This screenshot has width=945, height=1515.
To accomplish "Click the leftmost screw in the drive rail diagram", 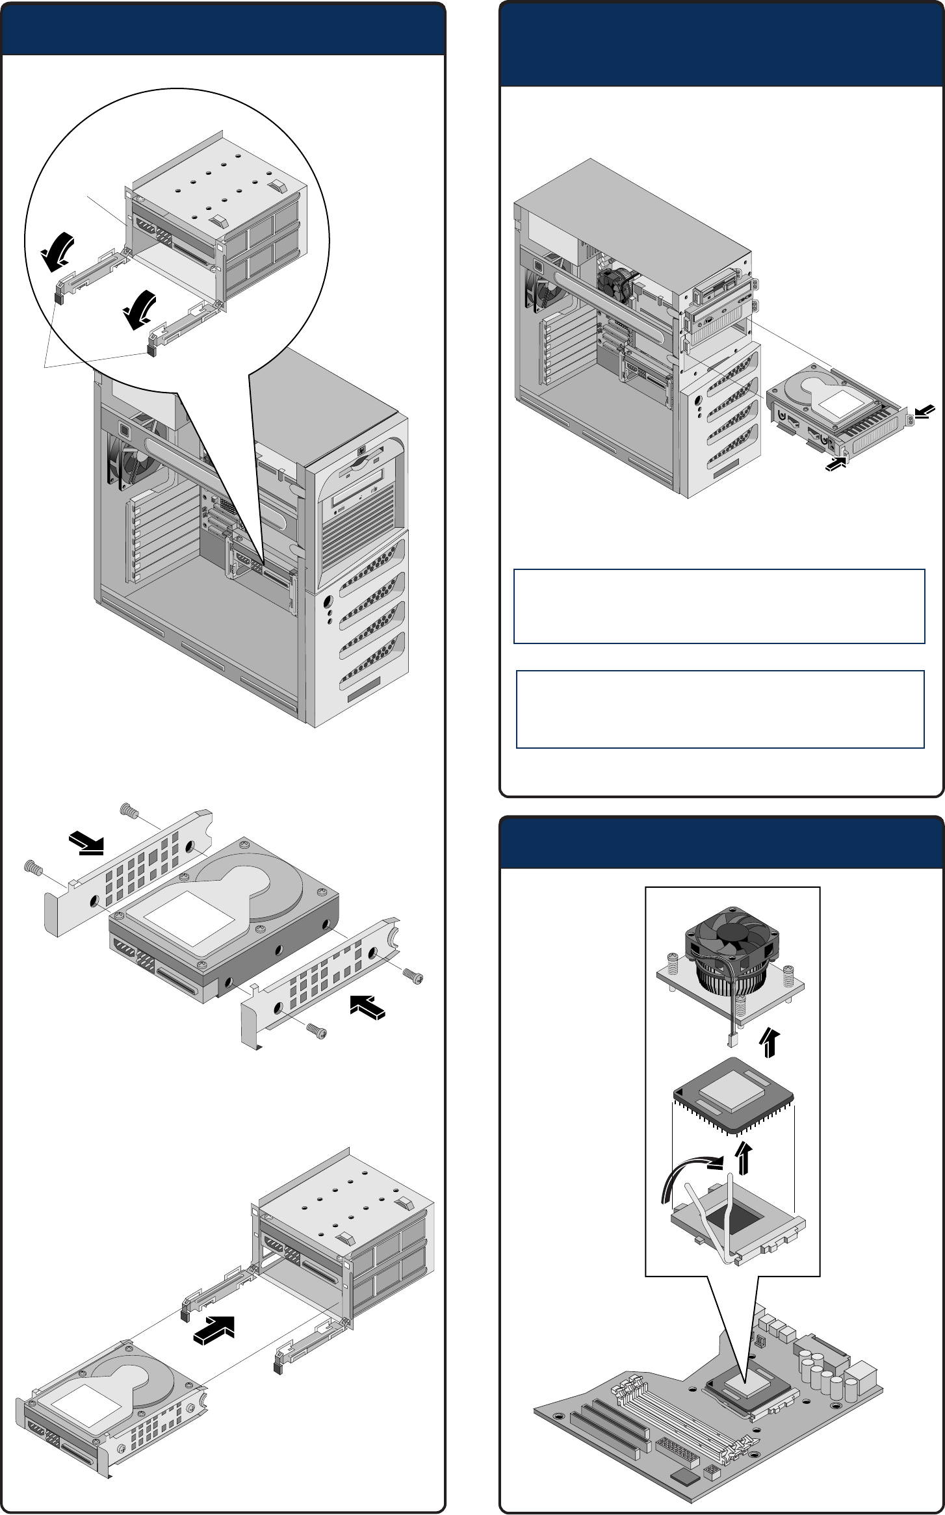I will click(x=31, y=866).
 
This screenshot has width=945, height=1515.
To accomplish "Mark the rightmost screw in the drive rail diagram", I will click(x=413, y=975).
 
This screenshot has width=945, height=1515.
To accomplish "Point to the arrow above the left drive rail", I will click(x=86, y=843).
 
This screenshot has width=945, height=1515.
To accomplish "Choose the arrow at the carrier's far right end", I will click(x=926, y=410).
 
